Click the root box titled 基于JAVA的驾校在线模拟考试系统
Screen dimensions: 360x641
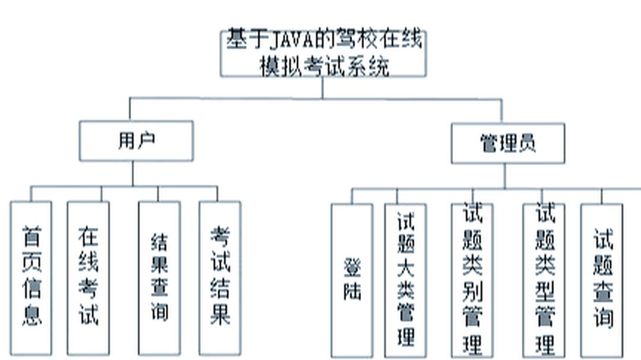pyautogui.click(x=323, y=53)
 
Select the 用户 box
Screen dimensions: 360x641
pyautogui.click(x=136, y=141)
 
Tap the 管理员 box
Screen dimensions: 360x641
pyautogui.click(x=507, y=144)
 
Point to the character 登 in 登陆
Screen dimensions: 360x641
pyautogui.click(x=352, y=268)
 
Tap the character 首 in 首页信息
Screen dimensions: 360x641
pyautogui.click(x=31, y=237)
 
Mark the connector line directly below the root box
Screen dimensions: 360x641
pyautogui.click(x=323, y=87)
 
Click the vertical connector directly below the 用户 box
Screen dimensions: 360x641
pyautogui.click(x=132, y=173)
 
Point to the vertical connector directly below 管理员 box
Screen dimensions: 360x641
pyautogui.click(x=505, y=176)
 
